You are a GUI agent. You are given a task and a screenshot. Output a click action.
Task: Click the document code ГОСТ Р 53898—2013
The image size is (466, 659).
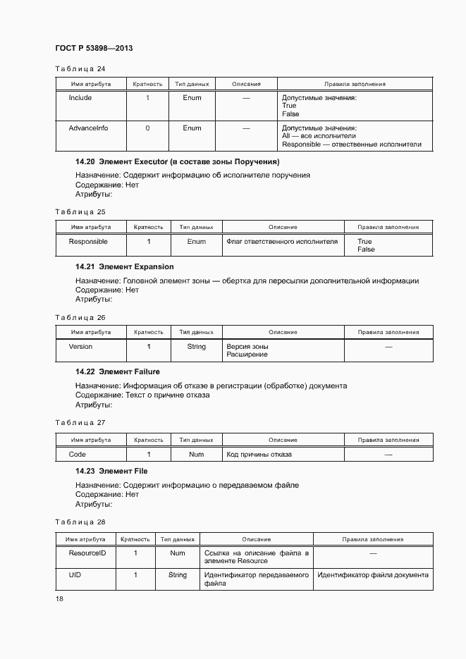(94, 48)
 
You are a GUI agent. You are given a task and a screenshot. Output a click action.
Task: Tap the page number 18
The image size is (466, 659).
(60, 598)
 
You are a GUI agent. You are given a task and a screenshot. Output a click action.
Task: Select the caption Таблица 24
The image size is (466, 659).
(80, 68)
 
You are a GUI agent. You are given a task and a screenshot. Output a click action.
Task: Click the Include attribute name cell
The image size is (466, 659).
(80, 98)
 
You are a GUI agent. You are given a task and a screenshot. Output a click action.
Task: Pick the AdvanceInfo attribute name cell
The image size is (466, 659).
(88, 128)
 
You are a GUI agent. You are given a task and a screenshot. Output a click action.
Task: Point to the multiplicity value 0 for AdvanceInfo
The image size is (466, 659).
(147, 128)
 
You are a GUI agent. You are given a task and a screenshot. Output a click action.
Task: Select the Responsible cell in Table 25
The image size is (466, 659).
(88, 242)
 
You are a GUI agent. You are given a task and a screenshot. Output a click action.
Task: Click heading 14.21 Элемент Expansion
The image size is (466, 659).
(124, 267)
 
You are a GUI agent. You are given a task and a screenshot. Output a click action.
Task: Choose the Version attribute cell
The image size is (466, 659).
(80, 347)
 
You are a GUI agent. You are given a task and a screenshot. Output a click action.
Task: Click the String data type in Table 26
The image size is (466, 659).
(196, 347)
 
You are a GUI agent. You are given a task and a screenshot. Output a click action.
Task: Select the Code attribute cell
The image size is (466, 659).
(78, 455)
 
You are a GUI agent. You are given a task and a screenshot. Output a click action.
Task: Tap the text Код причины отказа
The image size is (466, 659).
(259, 455)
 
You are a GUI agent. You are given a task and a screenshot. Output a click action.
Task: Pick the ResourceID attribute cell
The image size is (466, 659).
(87, 553)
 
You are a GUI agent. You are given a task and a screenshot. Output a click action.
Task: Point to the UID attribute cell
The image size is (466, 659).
(75, 575)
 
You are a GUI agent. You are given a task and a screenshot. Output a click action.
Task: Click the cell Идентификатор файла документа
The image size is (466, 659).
(372, 575)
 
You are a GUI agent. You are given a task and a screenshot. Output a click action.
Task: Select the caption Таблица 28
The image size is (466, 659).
(80, 522)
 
